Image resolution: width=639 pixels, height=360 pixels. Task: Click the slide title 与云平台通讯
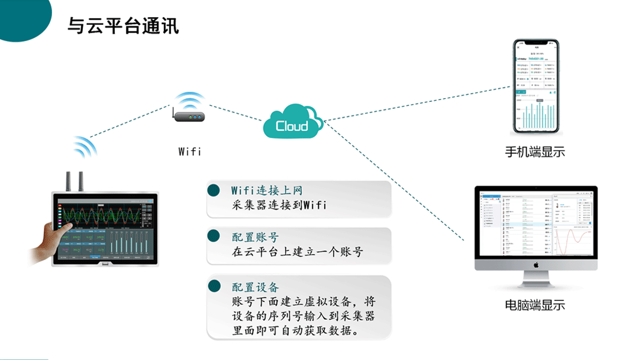pos(123,25)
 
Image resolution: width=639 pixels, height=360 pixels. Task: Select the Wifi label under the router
pos(189,152)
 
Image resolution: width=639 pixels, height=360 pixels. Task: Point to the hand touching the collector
pos(47,240)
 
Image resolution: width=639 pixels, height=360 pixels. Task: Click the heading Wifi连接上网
pos(267,191)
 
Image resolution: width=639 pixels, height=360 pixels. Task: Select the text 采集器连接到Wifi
pos(279,205)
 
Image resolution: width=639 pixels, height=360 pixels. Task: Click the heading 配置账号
pos(255,237)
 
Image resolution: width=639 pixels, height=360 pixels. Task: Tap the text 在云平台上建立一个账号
pos(297,252)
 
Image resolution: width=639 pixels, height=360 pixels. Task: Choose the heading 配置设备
pos(255,287)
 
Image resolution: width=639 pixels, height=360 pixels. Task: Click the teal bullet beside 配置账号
pos(214,237)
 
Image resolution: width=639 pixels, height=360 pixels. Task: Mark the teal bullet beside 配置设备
pos(214,287)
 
